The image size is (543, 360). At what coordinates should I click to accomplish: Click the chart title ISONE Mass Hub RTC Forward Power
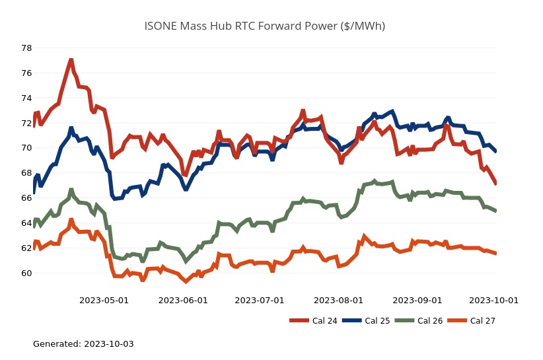pos(264,26)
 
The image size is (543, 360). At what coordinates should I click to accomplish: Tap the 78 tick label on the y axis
pos(26,48)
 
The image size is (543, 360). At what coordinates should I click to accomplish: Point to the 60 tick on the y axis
pos(26,273)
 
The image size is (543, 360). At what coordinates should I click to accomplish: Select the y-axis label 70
pos(26,148)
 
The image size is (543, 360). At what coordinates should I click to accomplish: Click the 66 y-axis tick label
pos(26,198)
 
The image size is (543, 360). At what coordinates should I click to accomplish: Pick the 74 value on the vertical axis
pos(26,98)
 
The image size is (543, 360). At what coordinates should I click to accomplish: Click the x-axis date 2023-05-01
pos(104,300)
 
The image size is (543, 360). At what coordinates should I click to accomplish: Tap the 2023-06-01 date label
pos(183,300)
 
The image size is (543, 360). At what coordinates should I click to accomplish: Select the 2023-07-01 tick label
pos(260,300)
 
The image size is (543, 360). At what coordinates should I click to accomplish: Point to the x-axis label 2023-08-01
pos(338,300)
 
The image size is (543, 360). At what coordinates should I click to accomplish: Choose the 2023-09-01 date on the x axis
pos(417,300)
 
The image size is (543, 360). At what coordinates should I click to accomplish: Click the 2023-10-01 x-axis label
pos(493,300)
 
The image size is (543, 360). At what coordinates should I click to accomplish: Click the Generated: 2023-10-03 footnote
pos(83,344)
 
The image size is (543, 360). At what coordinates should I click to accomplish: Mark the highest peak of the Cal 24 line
pos(71,60)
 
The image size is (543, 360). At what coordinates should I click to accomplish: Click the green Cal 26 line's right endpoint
pos(496,211)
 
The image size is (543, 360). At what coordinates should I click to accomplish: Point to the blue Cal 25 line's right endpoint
pos(496,151)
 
